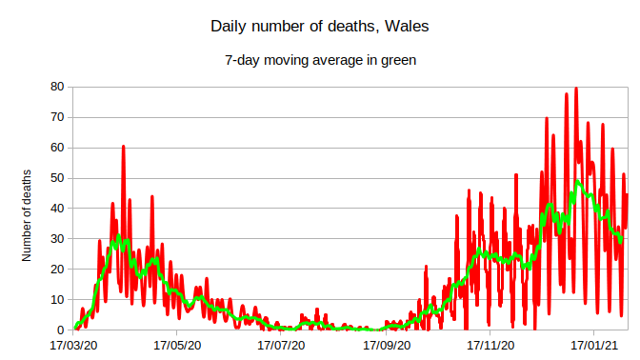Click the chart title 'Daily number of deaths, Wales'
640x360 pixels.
tap(320, 27)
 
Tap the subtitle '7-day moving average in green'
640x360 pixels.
tap(320, 60)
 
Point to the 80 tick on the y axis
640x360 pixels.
tap(56, 87)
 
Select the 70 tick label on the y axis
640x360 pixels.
tap(56, 117)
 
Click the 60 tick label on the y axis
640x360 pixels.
tap(56, 148)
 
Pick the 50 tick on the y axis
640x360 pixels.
tap(56, 178)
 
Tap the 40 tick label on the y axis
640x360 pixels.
tap(56, 209)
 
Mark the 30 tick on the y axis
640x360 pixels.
tap(56, 239)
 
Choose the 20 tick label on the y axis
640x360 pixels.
tap(56, 270)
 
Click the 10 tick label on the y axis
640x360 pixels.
tap(56, 300)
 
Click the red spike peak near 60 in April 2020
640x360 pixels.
tap(123, 147)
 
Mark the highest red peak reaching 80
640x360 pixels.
tap(575, 89)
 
